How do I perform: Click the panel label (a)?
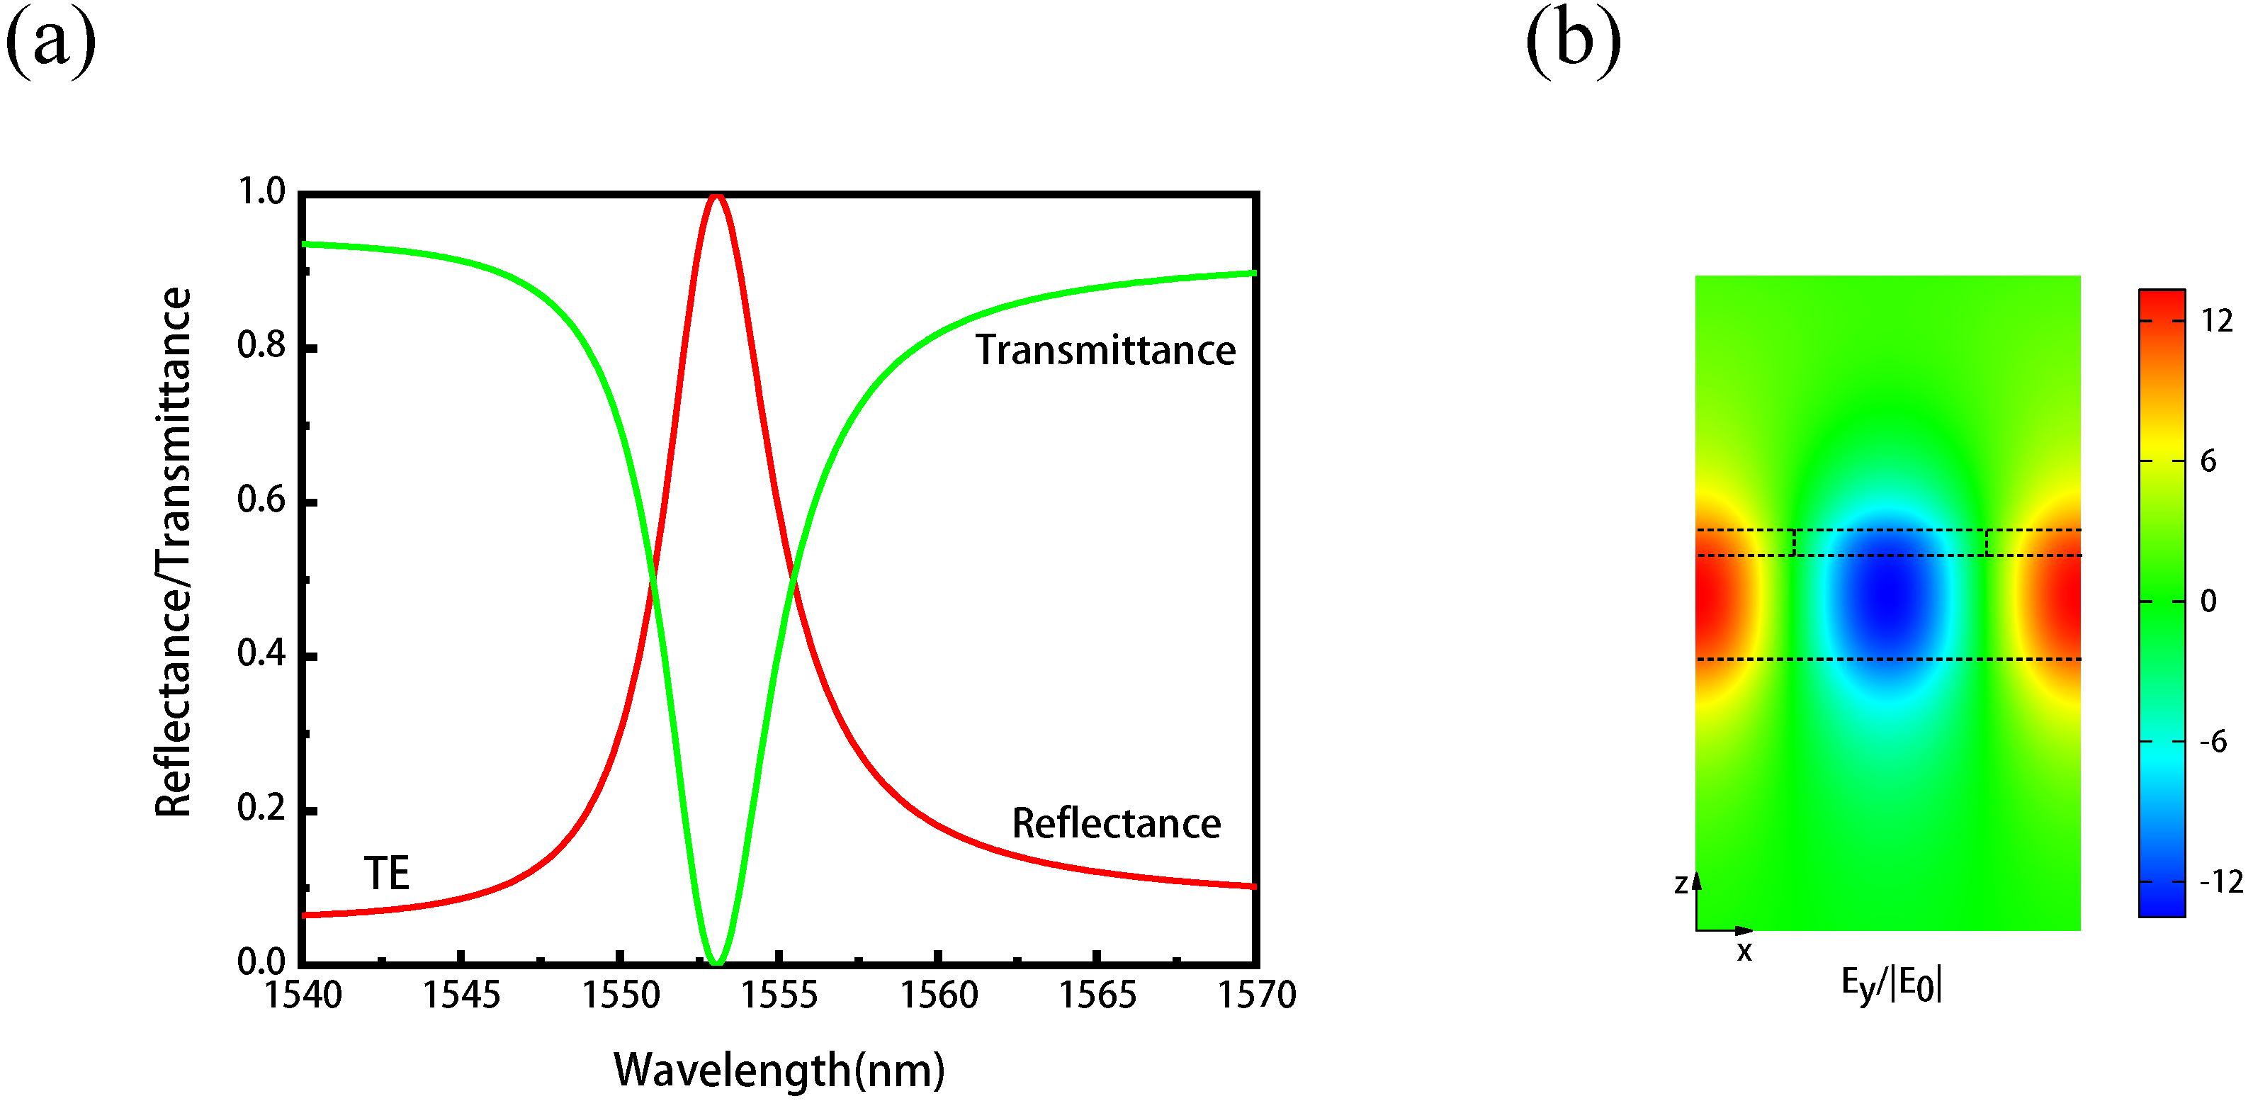tap(51, 41)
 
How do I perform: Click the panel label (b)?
tap(1573, 41)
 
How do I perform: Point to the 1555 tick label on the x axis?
tap(779, 995)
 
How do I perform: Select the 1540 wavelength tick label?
tap(303, 995)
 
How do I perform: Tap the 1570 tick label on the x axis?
tap(1257, 995)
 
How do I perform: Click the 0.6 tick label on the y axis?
tap(261, 500)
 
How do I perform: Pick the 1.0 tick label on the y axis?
tap(261, 191)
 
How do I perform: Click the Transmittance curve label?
tap(1105, 351)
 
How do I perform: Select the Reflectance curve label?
tap(1116, 824)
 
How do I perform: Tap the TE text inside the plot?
tap(385, 874)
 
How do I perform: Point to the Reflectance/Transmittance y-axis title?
tap(173, 553)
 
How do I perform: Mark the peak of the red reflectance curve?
tap(716, 196)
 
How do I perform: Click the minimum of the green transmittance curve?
tap(716, 962)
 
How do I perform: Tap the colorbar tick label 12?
tap(2217, 321)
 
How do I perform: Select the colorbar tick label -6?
tap(2213, 743)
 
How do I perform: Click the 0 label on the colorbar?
tap(2208, 602)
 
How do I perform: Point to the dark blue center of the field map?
tap(1889, 594)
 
